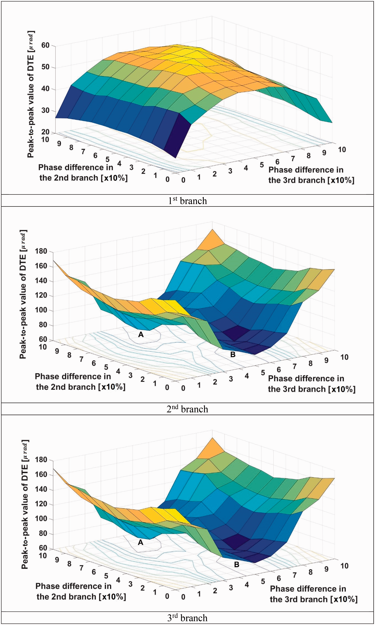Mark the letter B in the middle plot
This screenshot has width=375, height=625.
[233, 354]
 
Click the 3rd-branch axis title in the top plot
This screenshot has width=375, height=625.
[311, 175]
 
